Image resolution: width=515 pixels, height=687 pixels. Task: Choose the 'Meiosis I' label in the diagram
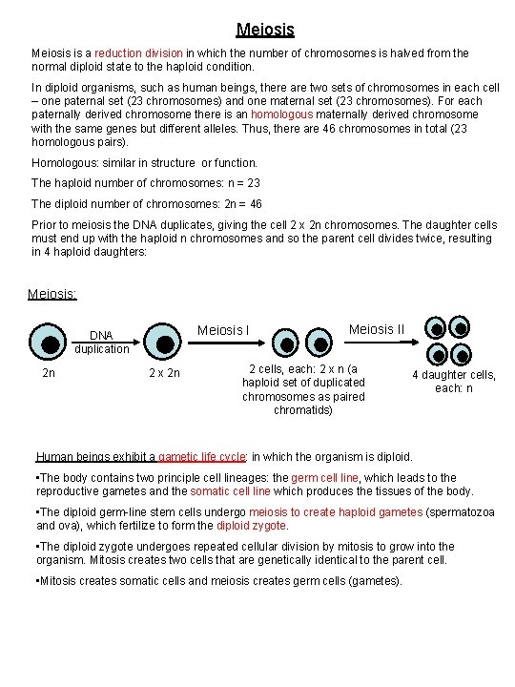223,330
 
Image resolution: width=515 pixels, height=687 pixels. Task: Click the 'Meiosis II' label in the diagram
377,329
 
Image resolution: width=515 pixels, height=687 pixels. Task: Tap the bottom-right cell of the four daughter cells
463,353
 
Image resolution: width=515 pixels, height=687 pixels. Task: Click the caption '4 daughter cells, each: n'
453,382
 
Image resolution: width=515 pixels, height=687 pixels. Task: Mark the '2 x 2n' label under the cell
163,373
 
